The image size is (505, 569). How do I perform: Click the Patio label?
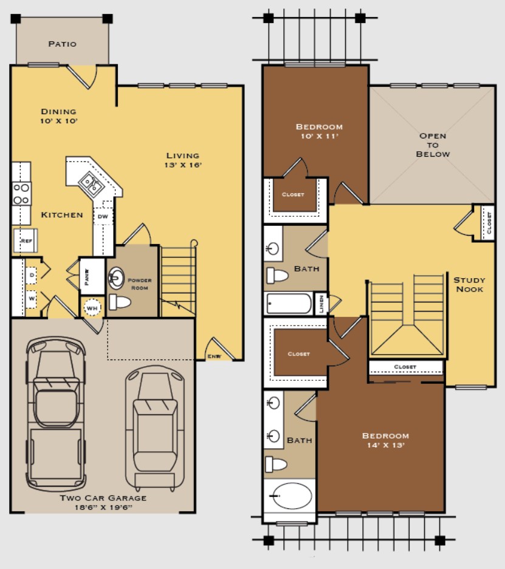[62, 44]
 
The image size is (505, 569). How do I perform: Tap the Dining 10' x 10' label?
[59, 115]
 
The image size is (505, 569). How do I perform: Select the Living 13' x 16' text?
[182, 160]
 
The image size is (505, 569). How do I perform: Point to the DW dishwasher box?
[103, 216]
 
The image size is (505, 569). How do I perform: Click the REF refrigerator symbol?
[26, 240]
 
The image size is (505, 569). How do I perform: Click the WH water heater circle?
[92, 308]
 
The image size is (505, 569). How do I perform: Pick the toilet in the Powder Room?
[120, 302]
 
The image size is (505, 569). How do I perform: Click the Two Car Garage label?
[103, 502]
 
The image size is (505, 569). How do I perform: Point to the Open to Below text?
[433, 145]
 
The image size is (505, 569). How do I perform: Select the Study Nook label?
[469, 284]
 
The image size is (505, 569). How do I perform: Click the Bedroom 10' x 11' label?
[319, 131]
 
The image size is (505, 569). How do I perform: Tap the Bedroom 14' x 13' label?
[385, 440]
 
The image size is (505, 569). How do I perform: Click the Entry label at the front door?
[213, 356]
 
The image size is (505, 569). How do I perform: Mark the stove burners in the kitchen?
[21, 193]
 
